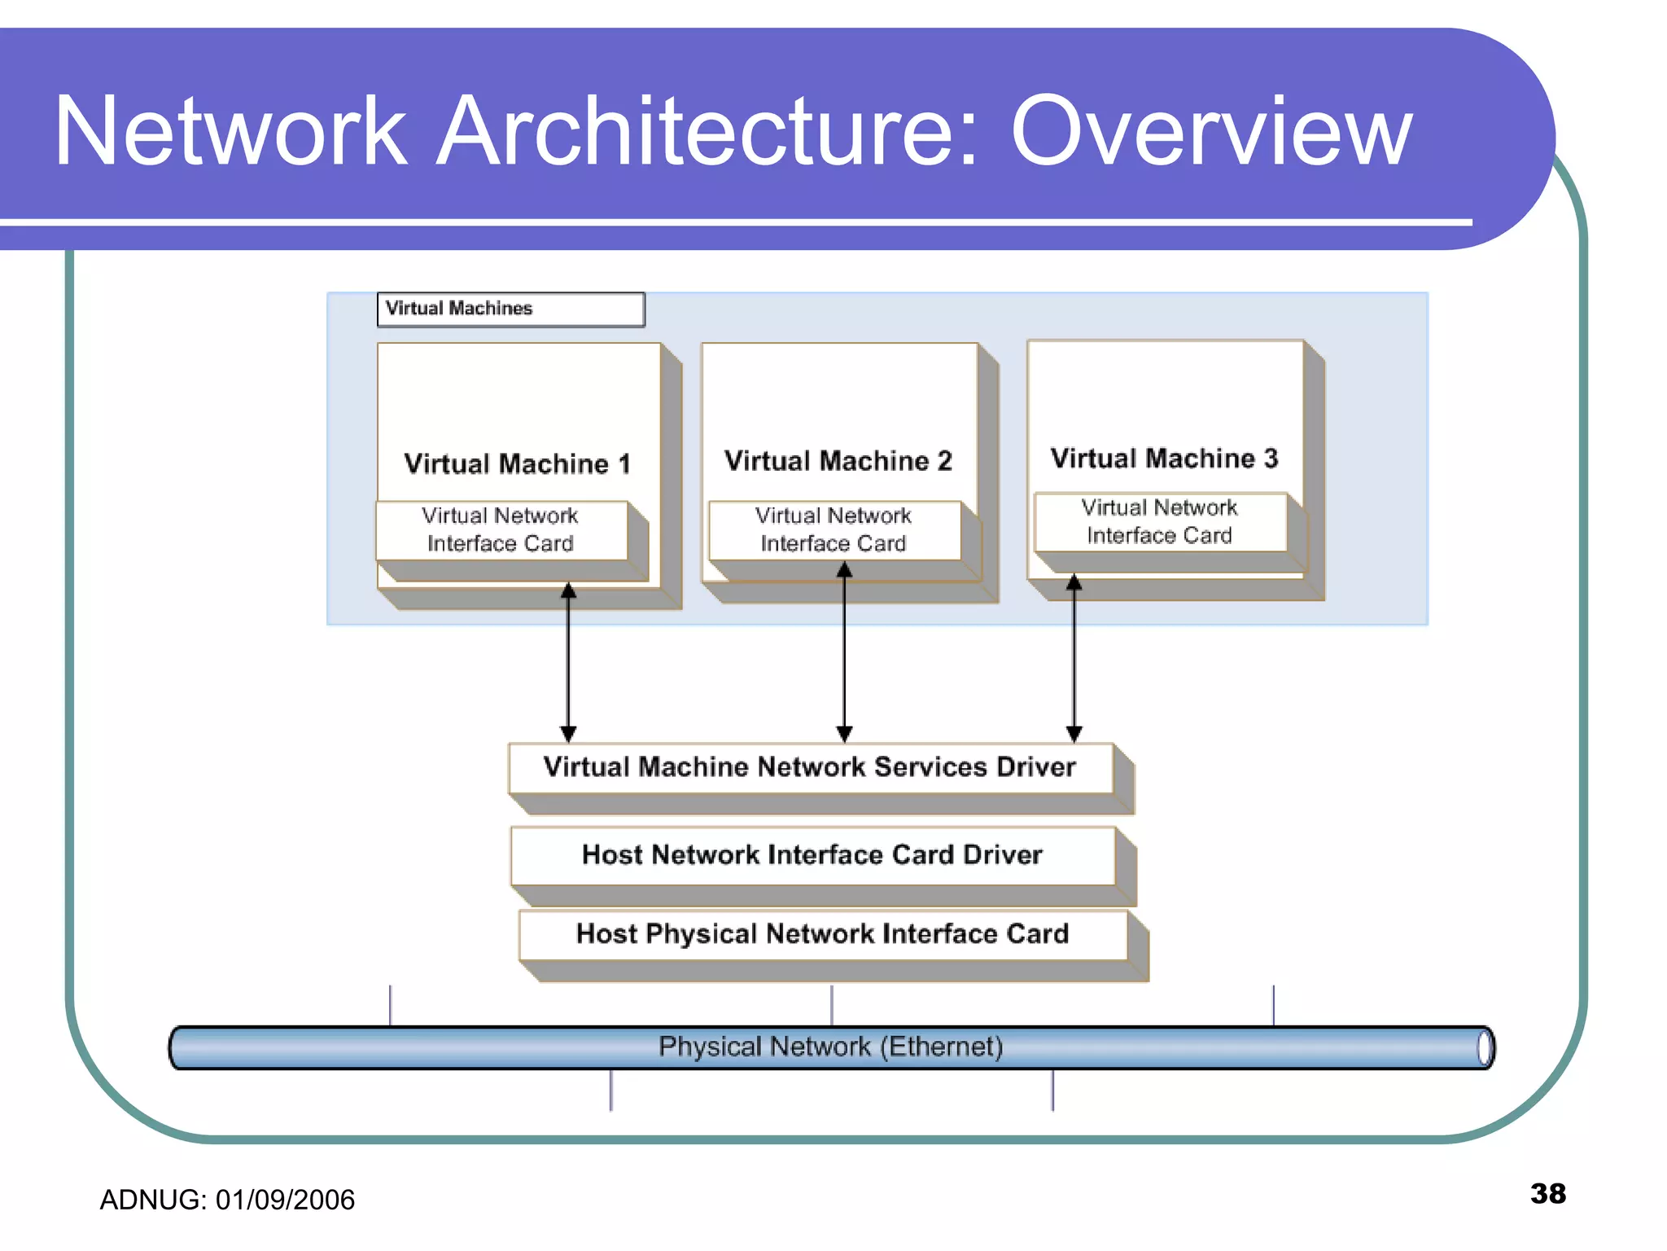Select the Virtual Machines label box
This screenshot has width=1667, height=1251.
click(510, 309)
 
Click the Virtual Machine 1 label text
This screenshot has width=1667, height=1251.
click(518, 464)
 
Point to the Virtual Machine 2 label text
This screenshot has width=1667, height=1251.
click(838, 461)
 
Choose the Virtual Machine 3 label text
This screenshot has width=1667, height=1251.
click(1164, 459)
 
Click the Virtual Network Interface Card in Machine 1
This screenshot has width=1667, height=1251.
click(501, 530)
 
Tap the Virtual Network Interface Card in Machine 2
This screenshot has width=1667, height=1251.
click(833, 530)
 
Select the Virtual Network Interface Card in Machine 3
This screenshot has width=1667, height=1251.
click(1159, 522)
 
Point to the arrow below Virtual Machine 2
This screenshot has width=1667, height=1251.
click(844, 652)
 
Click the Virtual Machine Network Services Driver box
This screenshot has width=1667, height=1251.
click(810, 768)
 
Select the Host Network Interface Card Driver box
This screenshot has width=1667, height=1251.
click(812, 855)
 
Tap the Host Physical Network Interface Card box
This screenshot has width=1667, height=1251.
click(822, 934)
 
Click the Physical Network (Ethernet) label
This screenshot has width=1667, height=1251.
click(830, 1047)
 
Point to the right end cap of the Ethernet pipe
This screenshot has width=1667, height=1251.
click(1485, 1047)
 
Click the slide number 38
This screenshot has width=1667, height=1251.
click(1547, 1194)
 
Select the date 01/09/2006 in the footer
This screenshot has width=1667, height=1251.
click(285, 1201)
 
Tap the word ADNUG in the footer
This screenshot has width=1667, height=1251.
click(151, 1201)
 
